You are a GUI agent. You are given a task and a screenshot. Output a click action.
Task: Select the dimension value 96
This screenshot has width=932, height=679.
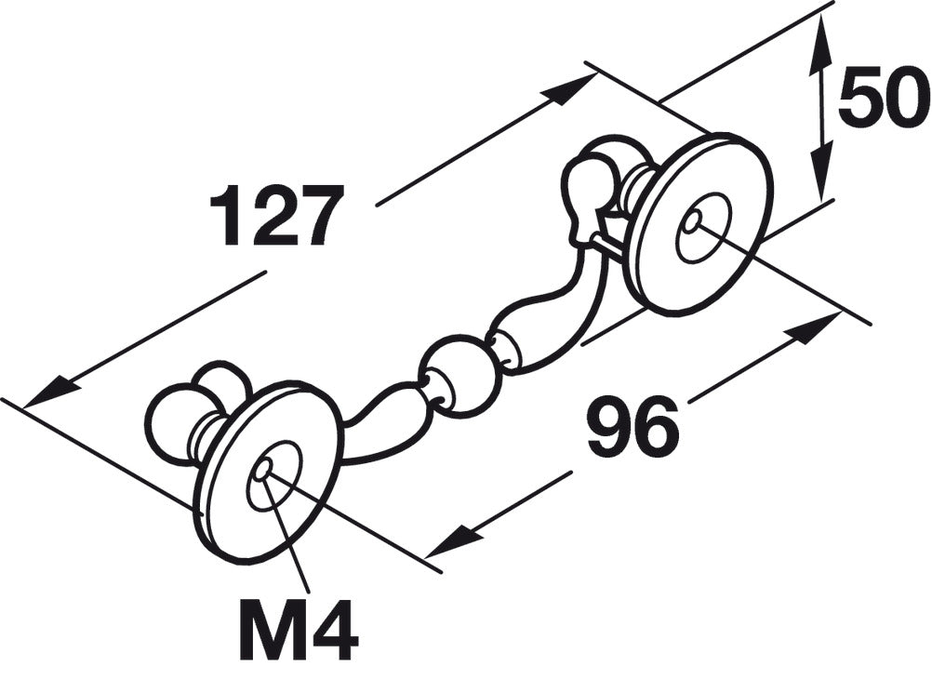[x=633, y=424]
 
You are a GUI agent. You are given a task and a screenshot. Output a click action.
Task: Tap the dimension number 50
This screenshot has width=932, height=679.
[x=885, y=100]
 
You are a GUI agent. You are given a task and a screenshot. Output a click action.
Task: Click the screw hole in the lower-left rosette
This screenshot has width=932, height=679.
[x=262, y=471]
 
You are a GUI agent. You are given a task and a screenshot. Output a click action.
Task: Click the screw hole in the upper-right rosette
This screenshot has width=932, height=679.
[x=691, y=221]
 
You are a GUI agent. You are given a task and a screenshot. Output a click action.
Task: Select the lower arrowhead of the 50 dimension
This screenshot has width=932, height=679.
[x=820, y=168]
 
